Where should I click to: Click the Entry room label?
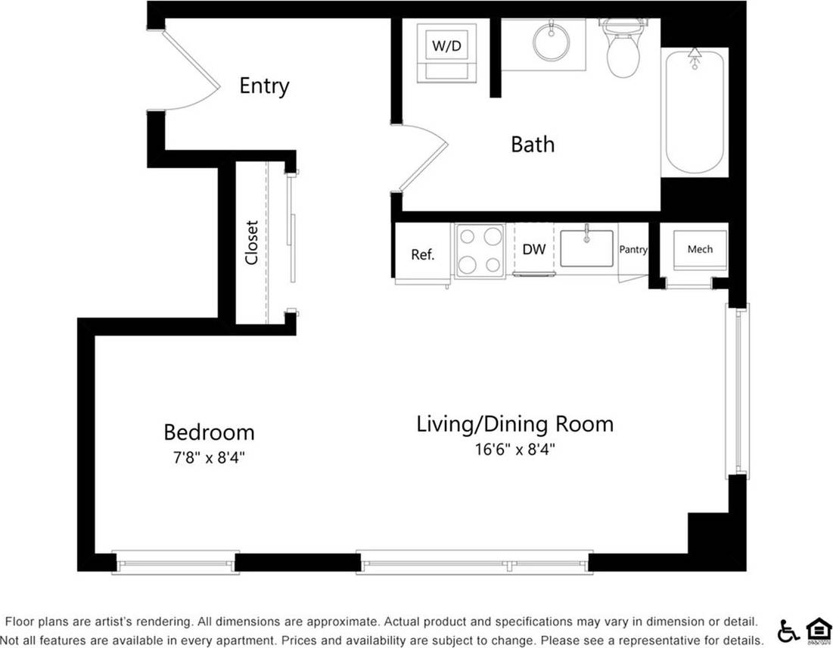264,86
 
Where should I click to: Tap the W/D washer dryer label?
446,46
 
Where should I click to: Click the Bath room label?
533,144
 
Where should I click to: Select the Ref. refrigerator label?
422,254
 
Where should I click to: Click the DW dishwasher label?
534,249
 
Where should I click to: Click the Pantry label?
633,249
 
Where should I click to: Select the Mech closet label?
700,249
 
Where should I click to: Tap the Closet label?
252,242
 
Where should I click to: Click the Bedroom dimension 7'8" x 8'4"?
209,457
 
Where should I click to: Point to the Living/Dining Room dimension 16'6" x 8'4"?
515,449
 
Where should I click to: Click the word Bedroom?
209,432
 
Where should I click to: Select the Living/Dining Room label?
514,424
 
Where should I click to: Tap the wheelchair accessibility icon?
788,630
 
